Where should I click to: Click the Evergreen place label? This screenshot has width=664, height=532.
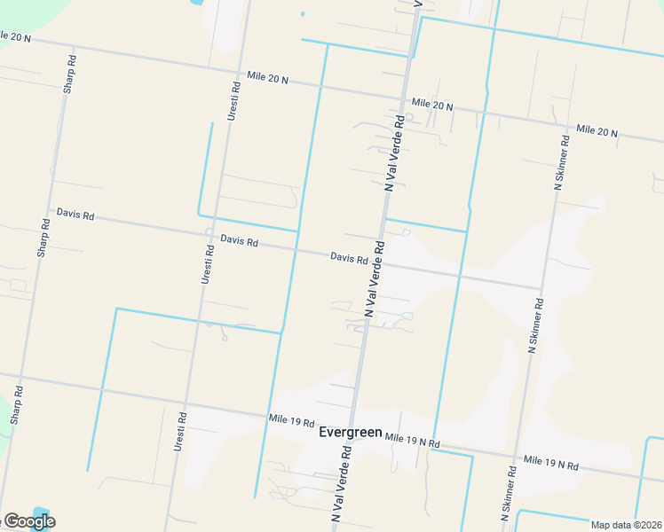tap(351, 433)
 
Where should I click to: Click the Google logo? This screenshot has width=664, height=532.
tap(29, 521)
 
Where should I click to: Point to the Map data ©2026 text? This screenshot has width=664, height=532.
tap(627, 525)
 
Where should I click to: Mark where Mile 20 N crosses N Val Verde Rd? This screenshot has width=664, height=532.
tap(406, 99)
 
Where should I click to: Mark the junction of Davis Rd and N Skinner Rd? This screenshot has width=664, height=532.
tap(541, 288)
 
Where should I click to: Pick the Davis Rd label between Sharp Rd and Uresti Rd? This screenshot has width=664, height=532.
tap(75, 215)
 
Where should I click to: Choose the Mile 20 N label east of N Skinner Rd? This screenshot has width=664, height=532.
tap(597, 131)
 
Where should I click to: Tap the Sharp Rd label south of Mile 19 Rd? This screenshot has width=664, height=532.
tap(16, 404)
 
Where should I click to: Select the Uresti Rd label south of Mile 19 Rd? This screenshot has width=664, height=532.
tap(179, 432)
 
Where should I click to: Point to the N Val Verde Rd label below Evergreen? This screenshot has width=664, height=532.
tap(343, 481)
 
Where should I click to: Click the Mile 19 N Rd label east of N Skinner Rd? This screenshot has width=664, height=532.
tap(550, 464)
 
